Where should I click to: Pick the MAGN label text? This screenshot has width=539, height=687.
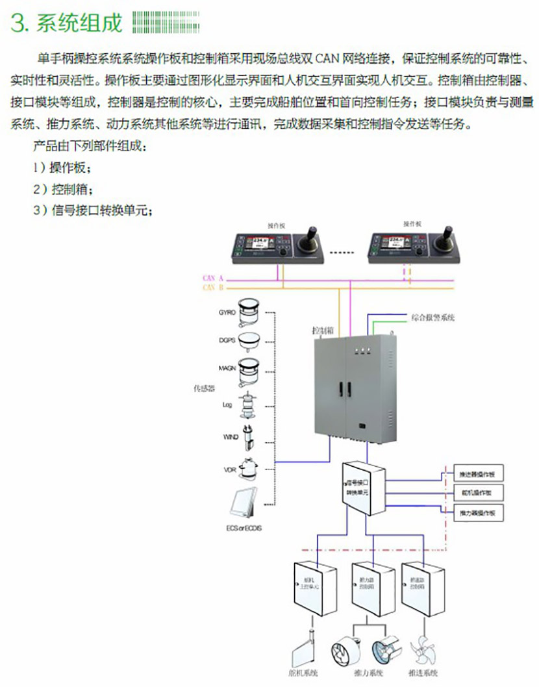point(227,368)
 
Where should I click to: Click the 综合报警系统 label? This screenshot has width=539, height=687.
point(432,318)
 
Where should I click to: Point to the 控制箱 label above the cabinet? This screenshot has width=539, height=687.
point(323,329)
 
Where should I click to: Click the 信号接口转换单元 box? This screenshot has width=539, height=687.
point(364,488)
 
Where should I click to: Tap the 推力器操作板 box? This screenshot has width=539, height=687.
point(477,512)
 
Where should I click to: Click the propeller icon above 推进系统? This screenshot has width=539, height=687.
point(426,649)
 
